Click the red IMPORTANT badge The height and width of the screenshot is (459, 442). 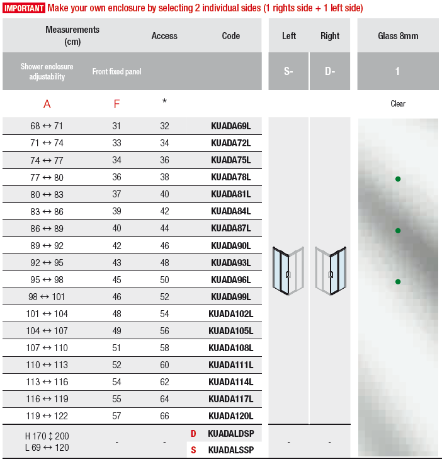(24, 8)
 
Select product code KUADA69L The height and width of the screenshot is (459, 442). (230, 126)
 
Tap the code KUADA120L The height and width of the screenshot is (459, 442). (230, 416)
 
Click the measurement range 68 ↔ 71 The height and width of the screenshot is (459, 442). (47, 126)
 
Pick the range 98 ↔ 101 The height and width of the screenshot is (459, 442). (47, 297)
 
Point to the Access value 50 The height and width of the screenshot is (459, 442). (164, 280)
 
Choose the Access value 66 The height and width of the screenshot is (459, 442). (164, 416)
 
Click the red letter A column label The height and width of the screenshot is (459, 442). (47, 104)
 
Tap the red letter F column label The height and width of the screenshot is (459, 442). (116, 104)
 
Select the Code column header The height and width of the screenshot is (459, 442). (230, 36)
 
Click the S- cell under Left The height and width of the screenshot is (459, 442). (288, 71)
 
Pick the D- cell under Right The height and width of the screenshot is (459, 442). (330, 71)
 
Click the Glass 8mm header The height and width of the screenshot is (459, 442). (397, 36)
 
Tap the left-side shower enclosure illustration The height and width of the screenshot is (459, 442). (288, 271)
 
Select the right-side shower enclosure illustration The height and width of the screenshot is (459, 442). (330, 271)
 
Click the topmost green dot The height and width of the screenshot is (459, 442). (398, 179)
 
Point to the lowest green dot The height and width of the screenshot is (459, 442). (398, 282)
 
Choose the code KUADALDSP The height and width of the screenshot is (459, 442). (230, 434)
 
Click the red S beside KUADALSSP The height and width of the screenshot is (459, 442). (194, 450)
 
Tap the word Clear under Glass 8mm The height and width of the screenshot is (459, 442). (398, 104)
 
